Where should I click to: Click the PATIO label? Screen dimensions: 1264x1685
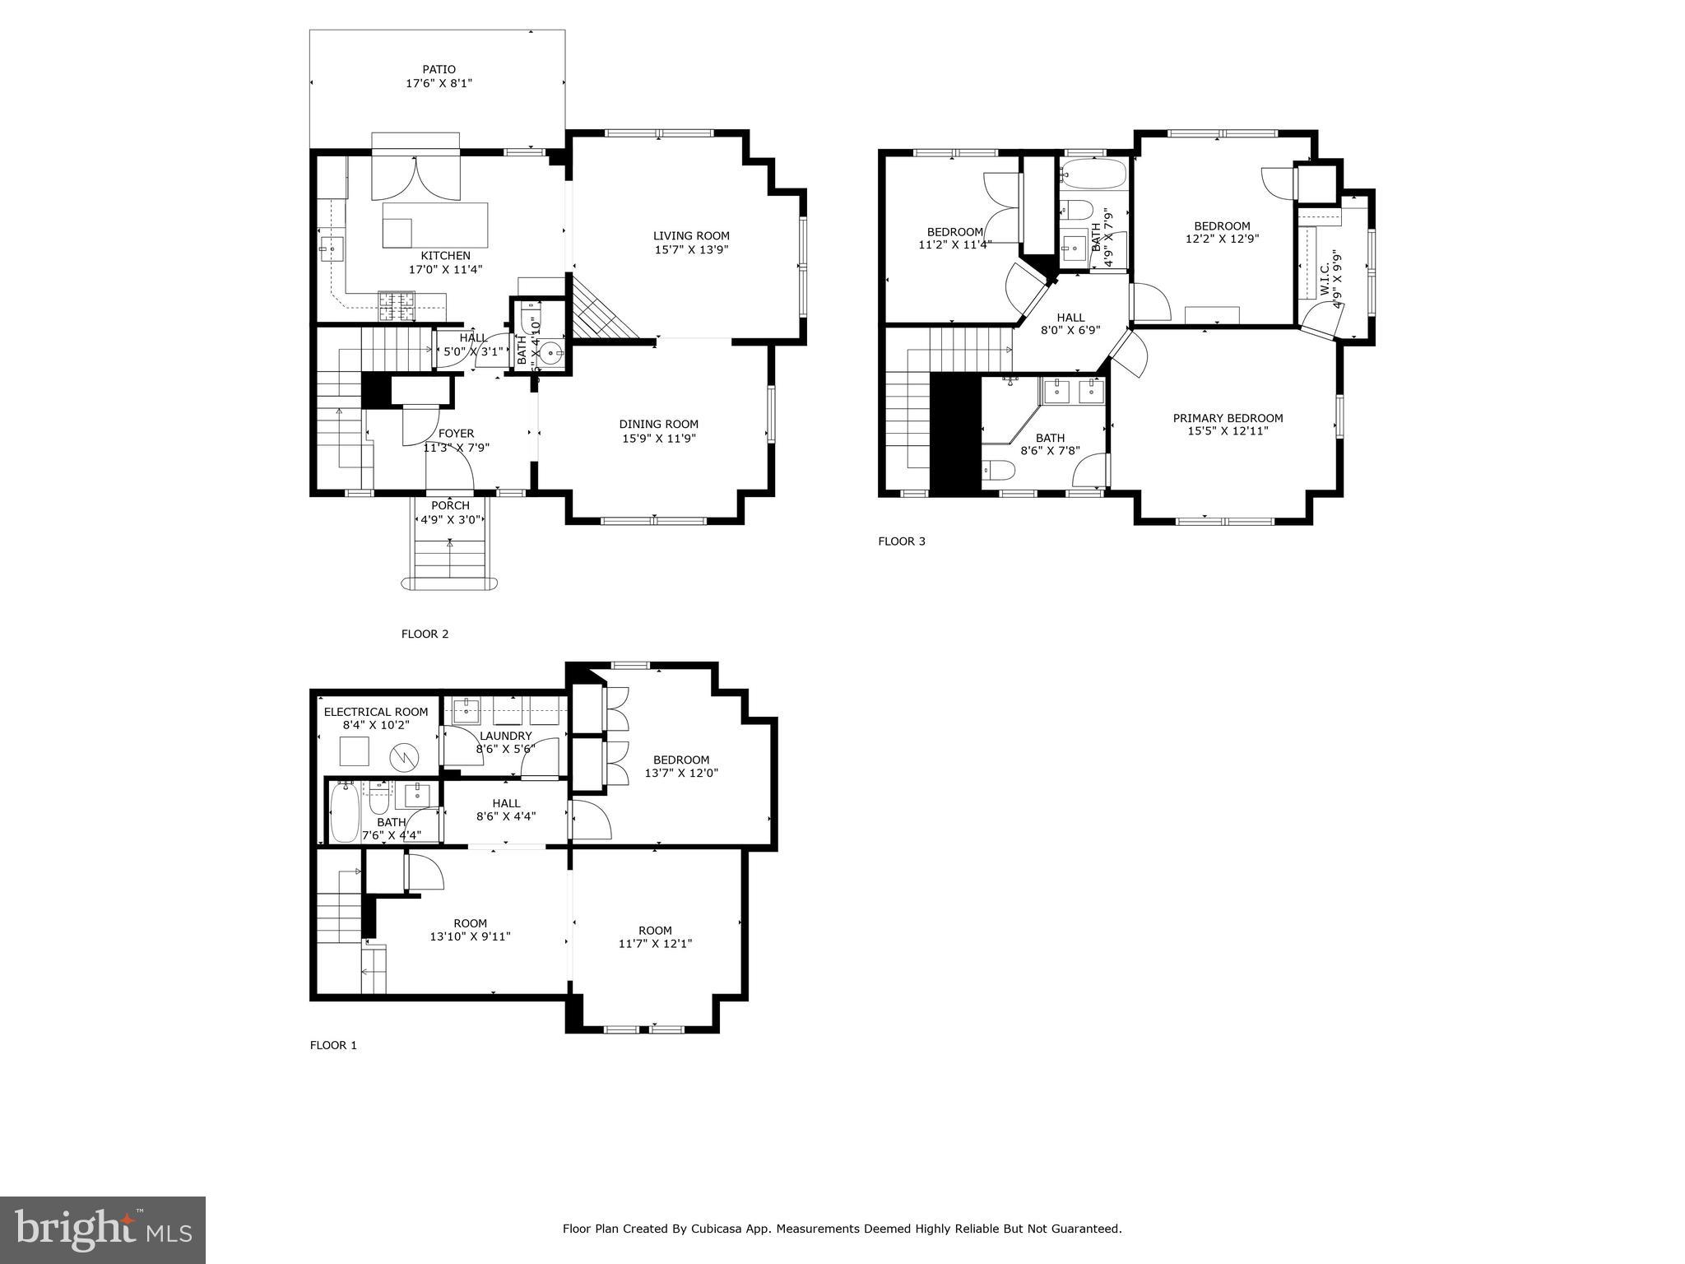(x=439, y=69)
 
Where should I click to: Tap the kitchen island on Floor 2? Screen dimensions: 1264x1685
(x=434, y=225)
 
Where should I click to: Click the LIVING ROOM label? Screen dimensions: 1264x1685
(x=691, y=235)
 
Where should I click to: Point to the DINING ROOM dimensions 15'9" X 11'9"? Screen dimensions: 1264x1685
(x=658, y=439)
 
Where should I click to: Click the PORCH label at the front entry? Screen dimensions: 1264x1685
(x=450, y=505)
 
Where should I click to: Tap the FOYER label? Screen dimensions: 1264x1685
(x=456, y=434)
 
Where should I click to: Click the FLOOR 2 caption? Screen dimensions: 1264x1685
(x=425, y=634)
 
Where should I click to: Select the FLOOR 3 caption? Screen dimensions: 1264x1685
(x=902, y=541)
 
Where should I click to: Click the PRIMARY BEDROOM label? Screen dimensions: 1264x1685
(x=1228, y=418)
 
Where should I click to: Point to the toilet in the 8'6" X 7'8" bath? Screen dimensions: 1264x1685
(x=999, y=470)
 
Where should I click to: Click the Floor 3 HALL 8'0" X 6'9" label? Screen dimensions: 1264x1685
(x=1070, y=318)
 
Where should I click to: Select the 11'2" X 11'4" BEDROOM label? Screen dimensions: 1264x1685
(x=954, y=232)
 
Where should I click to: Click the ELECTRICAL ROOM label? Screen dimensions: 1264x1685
(x=376, y=712)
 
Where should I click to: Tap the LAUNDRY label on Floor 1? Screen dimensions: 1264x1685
(x=505, y=736)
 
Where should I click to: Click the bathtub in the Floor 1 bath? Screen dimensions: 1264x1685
(x=344, y=812)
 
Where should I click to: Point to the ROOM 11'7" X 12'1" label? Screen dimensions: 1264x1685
(x=655, y=930)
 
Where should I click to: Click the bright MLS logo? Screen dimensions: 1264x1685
(x=103, y=1229)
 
